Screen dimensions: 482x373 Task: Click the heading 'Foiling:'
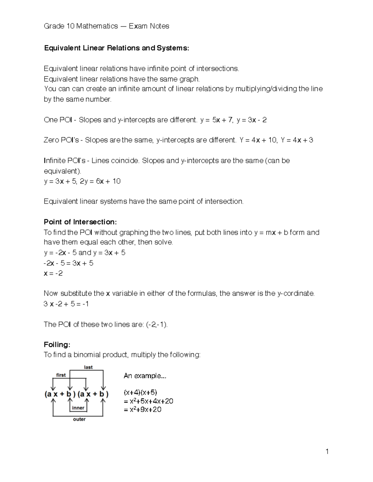[x=57, y=345]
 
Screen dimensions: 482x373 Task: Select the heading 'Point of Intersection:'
[x=80, y=222]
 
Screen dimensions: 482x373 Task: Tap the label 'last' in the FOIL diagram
[x=88, y=367]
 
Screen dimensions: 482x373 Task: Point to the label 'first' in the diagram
[x=61, y=375]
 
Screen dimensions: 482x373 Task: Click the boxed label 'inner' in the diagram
[x=78, y=408]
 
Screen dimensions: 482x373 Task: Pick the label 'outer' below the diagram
[x=79, y=419]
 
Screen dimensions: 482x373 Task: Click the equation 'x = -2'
[x=53, y=273]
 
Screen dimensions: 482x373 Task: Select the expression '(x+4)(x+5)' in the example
[x=140, y=392]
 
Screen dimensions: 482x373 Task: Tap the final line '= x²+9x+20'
[x=143, y=410]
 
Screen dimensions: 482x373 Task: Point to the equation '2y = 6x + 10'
[x=100, y=181]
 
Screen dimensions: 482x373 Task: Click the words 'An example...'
[x=145, y=376]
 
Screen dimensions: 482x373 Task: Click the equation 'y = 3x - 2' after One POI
[x=251, y=120]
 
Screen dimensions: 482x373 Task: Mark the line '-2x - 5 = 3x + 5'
[x=68, y=263]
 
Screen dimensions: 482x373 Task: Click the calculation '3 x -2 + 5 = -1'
[x=66, y=304]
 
